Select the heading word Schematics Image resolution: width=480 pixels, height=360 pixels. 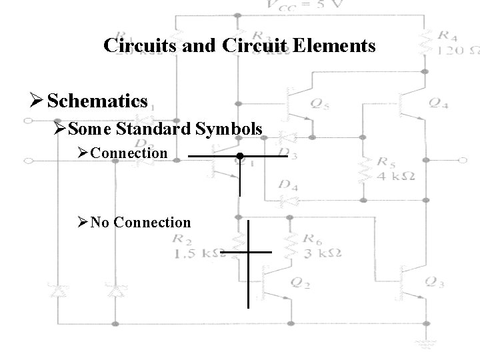97,101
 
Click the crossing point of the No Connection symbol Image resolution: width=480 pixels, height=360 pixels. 248,253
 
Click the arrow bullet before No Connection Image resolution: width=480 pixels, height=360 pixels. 82,223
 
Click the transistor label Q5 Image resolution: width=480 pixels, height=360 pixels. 320,103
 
